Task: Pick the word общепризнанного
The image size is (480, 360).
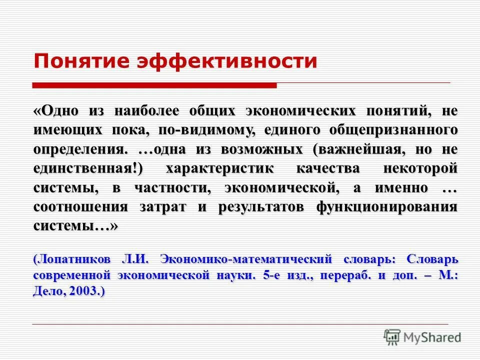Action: click(x=393, y=130)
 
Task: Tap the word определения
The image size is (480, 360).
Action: click(x=79, y=149)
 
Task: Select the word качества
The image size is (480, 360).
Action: click(x=328, y=169)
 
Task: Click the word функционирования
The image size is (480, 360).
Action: click(x=387, y=207)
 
